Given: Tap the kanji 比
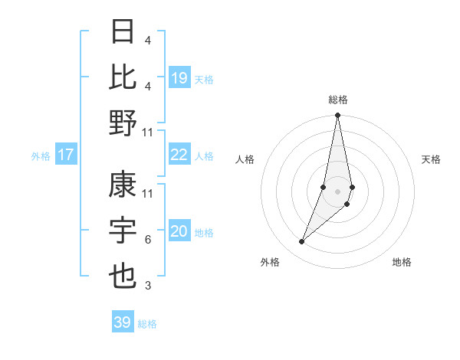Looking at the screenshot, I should pos(123,77).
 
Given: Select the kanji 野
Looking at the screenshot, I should pos(123,123).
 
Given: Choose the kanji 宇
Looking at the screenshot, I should pos(123,231).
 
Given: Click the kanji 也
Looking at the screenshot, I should pos(123,277).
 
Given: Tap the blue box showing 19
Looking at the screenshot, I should pos(179,78).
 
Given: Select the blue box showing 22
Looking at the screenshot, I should pos(179,155).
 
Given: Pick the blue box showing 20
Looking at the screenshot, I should pos(179,232).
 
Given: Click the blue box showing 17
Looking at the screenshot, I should pos(66,155).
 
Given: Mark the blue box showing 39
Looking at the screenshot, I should pos(123,322).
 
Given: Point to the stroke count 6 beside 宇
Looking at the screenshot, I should pos(147,240).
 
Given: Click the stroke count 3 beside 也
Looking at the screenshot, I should pos(147,286).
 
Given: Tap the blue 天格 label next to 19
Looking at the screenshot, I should pos(204,79).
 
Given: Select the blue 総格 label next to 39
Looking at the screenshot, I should pos(147,324).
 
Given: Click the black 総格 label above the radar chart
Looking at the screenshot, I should pos(338,100).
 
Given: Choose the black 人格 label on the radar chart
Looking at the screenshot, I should pos(245,159).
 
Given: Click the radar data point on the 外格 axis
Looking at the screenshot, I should pos(302,241).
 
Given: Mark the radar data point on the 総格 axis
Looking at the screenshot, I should pos(338,116).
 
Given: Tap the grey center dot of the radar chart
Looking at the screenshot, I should pos(338,191).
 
